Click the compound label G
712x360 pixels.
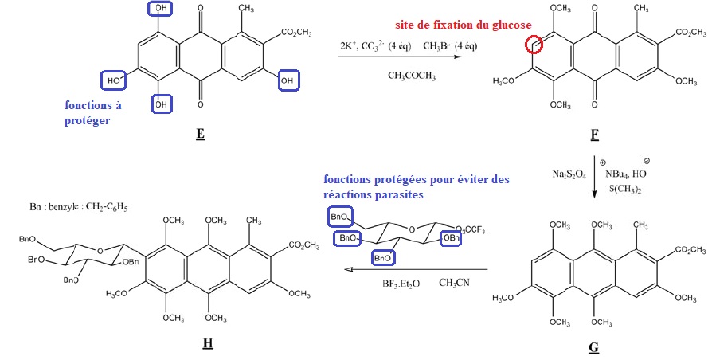point(594,348)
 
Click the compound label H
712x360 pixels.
point(208,344)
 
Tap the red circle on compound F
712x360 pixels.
point(534,45)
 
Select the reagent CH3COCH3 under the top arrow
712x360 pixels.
point(410,75)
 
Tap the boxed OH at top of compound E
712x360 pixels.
point(162,9)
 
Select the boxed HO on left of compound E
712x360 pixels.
point(112,80)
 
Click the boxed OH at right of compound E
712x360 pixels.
point(288,80)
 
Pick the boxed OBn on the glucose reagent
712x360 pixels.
point(450,237)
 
